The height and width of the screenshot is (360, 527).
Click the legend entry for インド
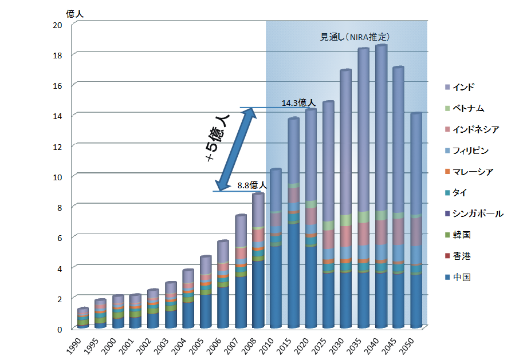(463, 88)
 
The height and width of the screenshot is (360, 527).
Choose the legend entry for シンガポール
(477, 213)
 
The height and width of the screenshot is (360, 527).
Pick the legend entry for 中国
(461, 277)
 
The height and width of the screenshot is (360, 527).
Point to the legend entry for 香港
(461, 256)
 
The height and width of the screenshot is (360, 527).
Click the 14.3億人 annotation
(298, 103)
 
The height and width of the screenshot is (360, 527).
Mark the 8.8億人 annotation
(252, 185)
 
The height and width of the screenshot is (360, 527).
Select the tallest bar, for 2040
(381, 183)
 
